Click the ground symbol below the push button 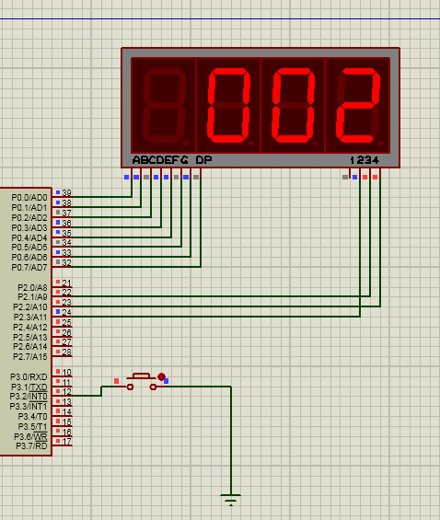click(x=230, y=499)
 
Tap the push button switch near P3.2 click(x=142, y=382)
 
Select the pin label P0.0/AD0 click(x=29, y=198)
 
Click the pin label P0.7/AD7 click(x=29, y=267)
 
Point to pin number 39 click(x=66, y=192)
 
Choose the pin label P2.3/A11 click(x=30, y=317)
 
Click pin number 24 click(x=66, y=312)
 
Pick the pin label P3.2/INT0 click(x=29, y=397)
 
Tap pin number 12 click(x=66, y=392)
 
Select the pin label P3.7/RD click(x=32, y=446)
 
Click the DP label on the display click(x=203, y=160)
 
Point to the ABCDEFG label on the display click(x=160, y=160)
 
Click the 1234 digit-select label click(x=365, y=160)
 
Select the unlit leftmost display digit click(x=164, y=106)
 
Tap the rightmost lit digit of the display click(x=358, y=106)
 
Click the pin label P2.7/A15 click(x=30, y=357)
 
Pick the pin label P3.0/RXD click(x=29, y=377)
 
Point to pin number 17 click(x=66, y=442)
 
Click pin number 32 click(x=66, y=262)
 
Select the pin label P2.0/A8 click(x=32, y=287)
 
